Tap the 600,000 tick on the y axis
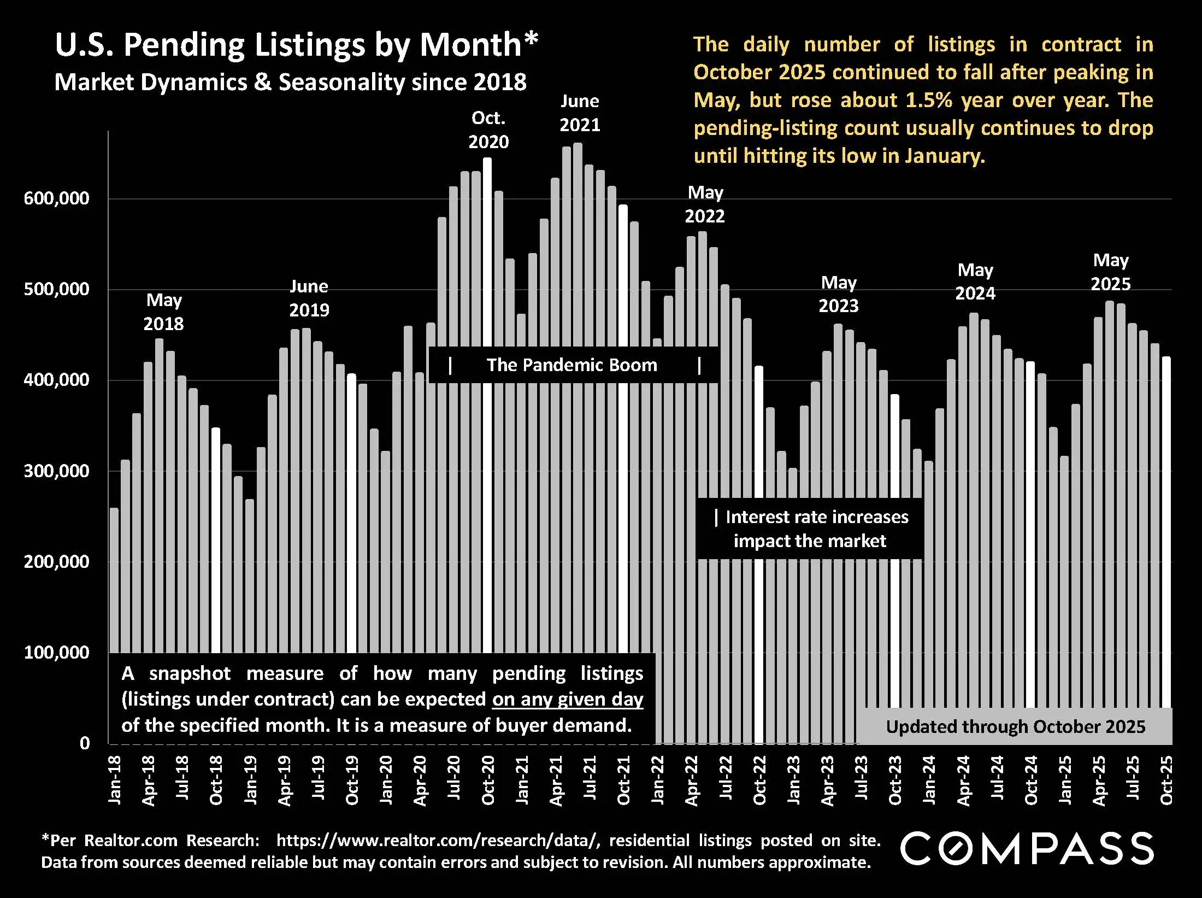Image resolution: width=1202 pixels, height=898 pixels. click(56, 198)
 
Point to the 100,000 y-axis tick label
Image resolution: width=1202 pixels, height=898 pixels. click(56, 652)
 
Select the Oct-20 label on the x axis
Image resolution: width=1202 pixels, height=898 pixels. click(488, 780)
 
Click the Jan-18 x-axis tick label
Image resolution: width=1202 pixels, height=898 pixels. click(115, 780)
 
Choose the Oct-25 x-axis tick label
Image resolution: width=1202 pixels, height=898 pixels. click(1166, 780)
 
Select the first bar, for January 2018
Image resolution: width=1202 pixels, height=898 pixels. click(114, 579)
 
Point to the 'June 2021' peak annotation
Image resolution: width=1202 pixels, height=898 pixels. click(580, 113)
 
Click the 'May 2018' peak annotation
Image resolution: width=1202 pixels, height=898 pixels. click(164, 312)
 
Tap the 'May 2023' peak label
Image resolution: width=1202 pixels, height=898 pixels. click(839, 294)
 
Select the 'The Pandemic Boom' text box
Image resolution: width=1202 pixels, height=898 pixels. click(572, 365)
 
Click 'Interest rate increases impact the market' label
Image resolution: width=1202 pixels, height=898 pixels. click(811, 529)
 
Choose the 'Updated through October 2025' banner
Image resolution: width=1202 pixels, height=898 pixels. click(1015, 726)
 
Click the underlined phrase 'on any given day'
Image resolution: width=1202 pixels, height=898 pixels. click(568, 700)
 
